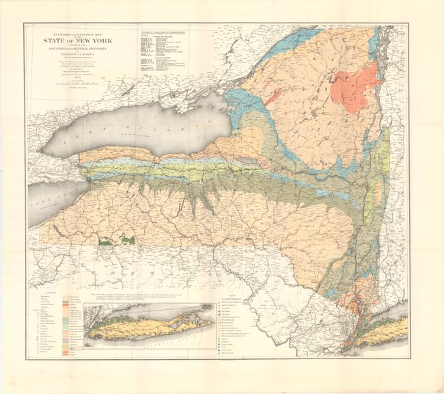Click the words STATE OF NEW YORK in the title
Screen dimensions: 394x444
tap(81, 40)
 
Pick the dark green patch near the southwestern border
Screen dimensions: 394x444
tap(109, 239)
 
